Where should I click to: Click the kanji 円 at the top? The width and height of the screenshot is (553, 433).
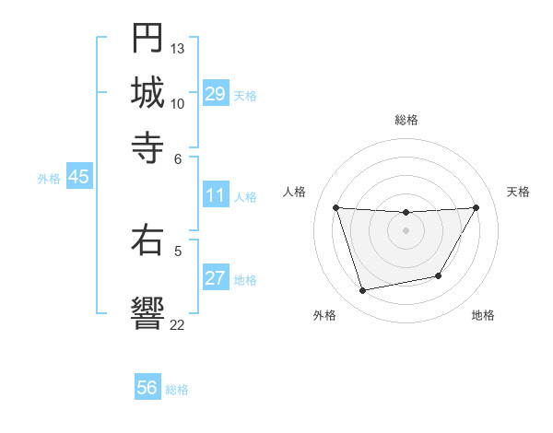point(147,39)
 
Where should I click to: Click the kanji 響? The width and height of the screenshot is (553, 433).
point(147,312)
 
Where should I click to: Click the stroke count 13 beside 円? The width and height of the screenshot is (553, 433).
point(178,48)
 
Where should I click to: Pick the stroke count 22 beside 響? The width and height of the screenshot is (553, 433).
point(178,323)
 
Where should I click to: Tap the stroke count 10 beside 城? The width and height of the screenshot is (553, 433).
point(178,102)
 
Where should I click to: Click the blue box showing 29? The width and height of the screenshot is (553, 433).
point(216,94)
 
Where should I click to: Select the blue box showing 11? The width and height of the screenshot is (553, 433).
point(216,195)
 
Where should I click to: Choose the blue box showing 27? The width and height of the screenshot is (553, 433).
point(216,279)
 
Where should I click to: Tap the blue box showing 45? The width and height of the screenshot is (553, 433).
point(79,178)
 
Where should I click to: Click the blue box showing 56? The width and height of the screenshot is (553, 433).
point(147,388)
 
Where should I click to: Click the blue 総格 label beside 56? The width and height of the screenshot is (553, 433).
point(177,390)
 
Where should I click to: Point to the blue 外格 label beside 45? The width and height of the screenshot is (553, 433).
point(49,179)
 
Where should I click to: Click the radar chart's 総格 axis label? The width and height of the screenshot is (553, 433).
point(406,120)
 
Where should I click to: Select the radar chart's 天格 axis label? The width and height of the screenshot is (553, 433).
point(519,192)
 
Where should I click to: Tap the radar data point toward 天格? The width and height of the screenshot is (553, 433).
point(477,207)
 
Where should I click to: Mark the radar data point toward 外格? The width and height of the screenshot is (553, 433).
point(363,291)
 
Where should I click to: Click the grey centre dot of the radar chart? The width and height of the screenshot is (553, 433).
point(406,230)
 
